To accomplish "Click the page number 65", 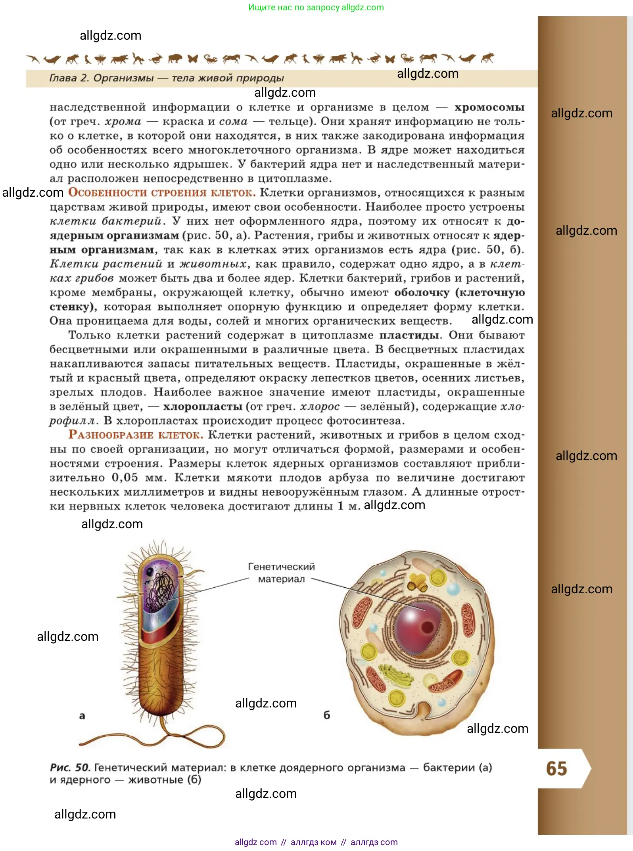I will (x=556, y=769).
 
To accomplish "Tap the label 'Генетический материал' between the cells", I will (x=281, y=573).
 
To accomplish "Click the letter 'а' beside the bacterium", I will (x=82, y=716).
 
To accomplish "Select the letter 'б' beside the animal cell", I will (x=327, y=715).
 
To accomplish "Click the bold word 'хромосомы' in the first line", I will (x=489, y=107).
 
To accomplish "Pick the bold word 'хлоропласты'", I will (x=203, y=407).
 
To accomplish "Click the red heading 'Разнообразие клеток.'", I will (x=136, y=435).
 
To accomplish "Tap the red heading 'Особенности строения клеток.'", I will (x=162, y=193).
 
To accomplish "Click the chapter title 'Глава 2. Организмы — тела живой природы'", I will (x=167, y=78).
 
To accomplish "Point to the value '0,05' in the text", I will (x=125, y=478).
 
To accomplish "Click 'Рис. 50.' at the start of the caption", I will (x=71, y=768).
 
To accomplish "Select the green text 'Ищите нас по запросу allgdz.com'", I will (x=316, y=8).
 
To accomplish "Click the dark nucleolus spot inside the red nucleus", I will (x=427, y=627).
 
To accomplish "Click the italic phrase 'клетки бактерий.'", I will (x=107, y=221).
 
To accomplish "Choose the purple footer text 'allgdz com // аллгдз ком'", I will (x=286, y=842).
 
